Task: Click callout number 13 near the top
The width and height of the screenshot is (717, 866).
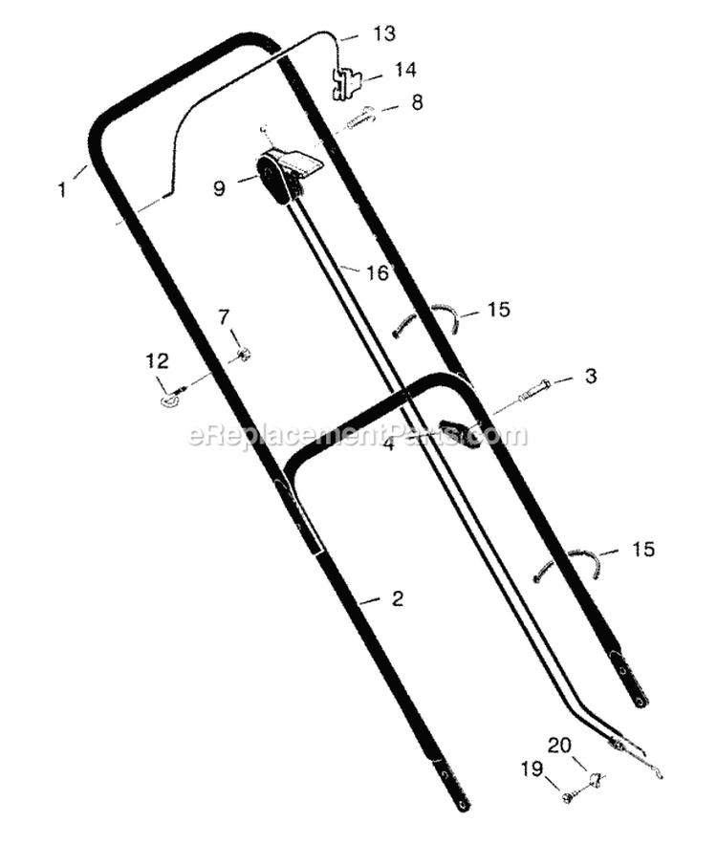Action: click(384, 33)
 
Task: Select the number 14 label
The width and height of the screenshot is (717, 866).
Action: click(405, 70)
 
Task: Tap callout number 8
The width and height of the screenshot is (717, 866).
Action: click(417, 102)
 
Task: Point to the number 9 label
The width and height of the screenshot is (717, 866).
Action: click(219, 188)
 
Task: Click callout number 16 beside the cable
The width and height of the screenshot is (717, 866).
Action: click(378, 272)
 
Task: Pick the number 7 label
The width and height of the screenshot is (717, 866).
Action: click(224, 317)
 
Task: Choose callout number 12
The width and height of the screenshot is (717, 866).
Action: click(157, 361)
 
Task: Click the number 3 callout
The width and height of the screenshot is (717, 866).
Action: click(591, 376)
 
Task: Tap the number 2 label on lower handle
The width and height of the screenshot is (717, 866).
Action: click(398, 598)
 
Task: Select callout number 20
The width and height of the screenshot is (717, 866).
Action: click(559, 745)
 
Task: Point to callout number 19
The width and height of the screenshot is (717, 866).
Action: click(532, 769)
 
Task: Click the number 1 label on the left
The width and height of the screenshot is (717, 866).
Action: click(62, 190)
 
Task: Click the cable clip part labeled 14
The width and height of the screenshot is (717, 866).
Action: click(345, 84)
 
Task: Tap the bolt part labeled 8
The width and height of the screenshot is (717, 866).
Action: click(360, 119)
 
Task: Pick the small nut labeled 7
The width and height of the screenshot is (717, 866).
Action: click(242, 354)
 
